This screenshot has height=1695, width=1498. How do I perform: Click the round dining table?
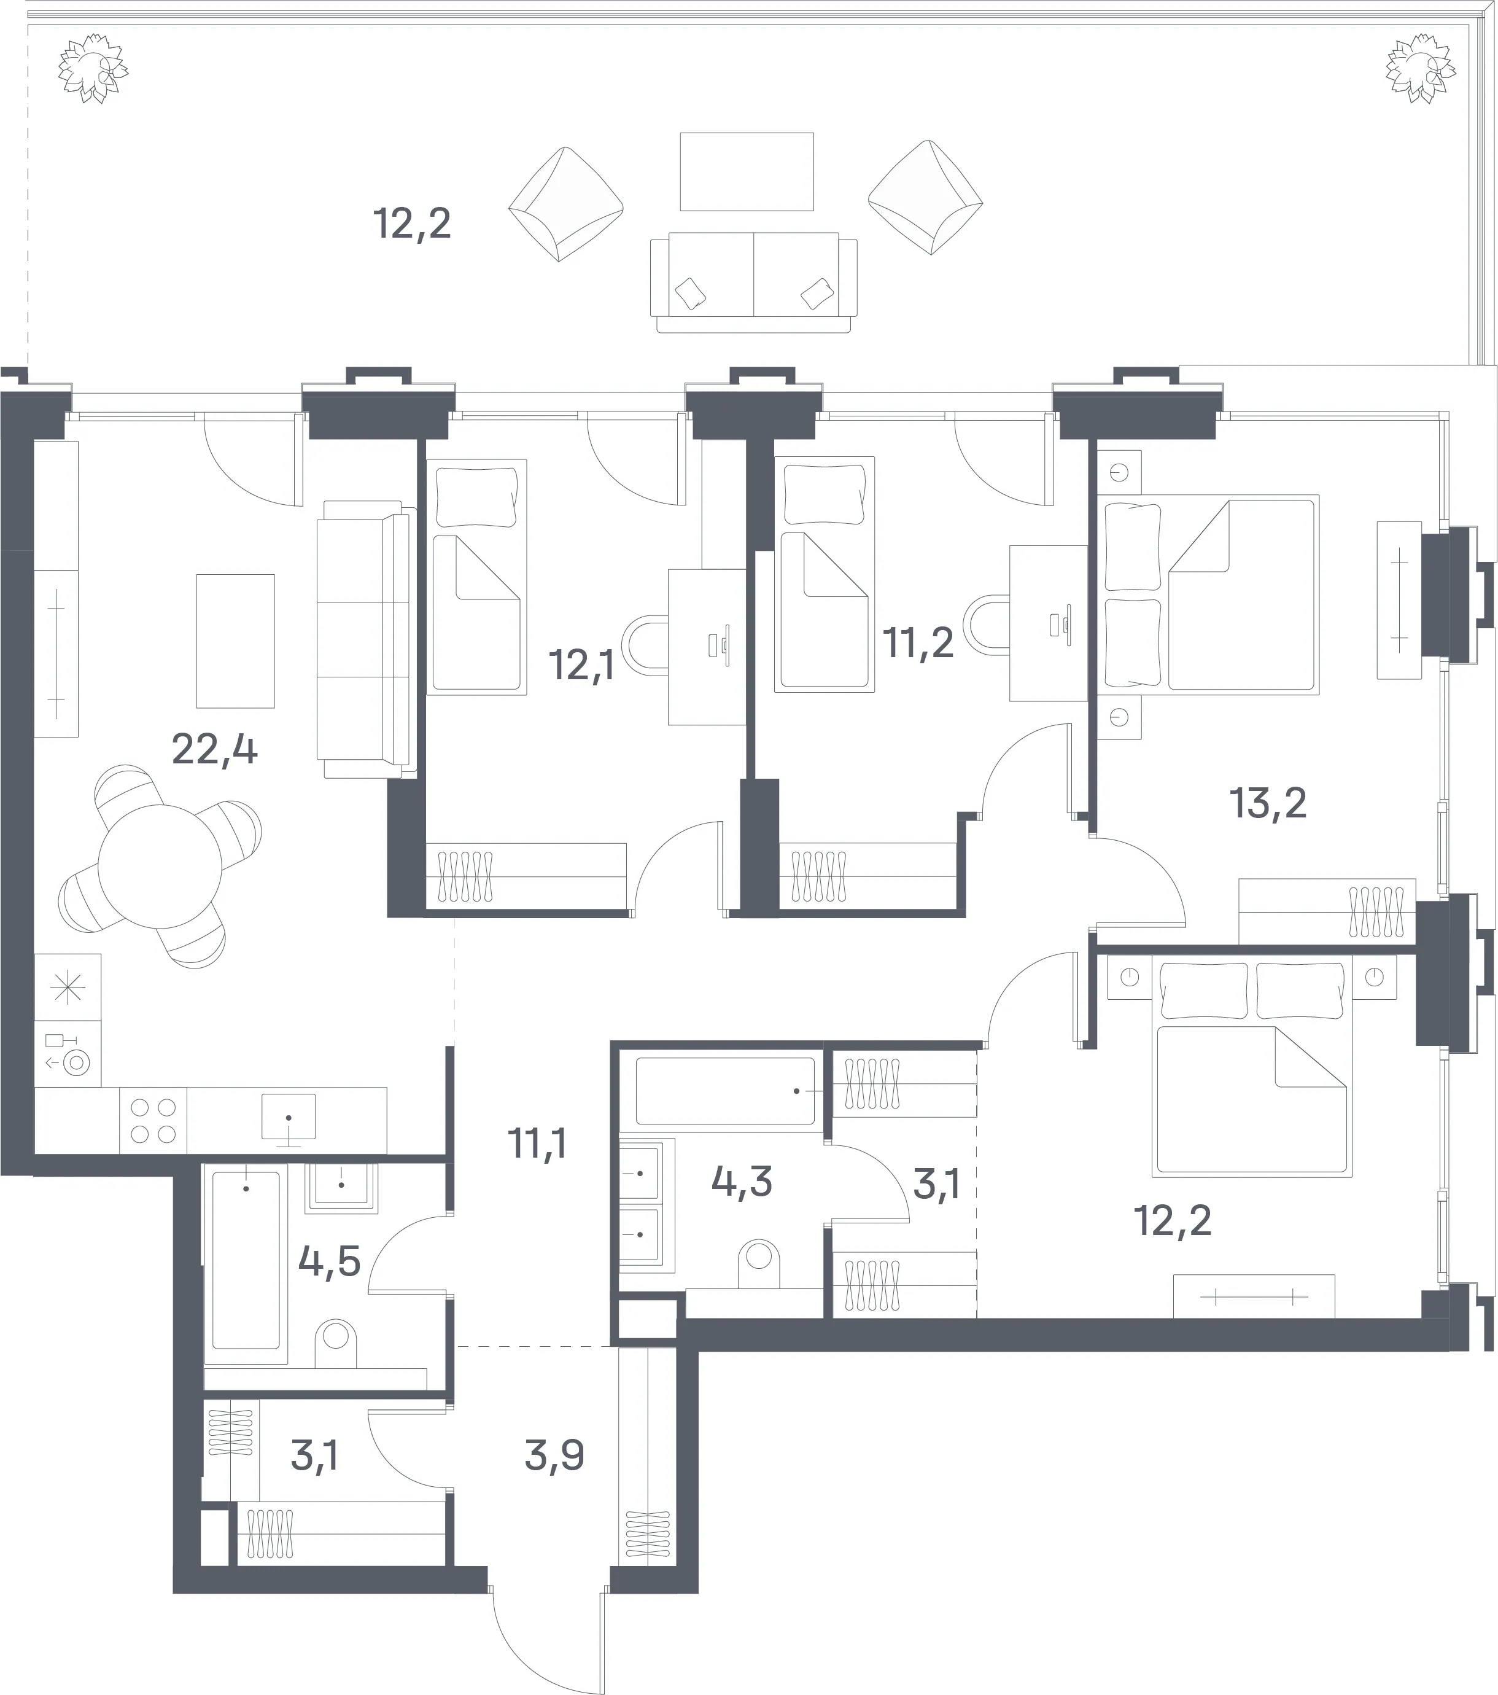pyautogui.click(x=160, y=867)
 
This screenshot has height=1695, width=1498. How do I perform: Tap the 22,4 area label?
pyautogui.click(x=215, y=750)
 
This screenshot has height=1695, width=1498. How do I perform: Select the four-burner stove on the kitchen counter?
pyautogui.click(x=153, y=1120)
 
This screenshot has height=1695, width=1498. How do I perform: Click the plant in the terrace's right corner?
pyautogui.click(x=1421, y=69)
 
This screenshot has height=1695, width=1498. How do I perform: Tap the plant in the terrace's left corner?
pyautogui.click(x=93, y=69)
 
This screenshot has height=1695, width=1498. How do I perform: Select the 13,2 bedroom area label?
pyautogui.click(x=1268, y=803)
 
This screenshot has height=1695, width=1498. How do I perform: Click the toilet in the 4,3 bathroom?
pyautogui.click(x=759, y=1263)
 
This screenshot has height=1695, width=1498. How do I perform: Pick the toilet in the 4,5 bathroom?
pyautogui.click(x=336, y=1342)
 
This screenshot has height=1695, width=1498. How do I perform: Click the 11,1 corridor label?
pyautogui.click(x=537, y=1144)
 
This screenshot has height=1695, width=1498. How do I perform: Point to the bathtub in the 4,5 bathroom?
pyautogui.click(x=246, y=1263)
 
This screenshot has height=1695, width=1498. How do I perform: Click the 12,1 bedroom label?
pyautogui.click(x=582, y=665)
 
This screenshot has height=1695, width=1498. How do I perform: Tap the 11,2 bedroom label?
pyautogui.click(x=918, y=642)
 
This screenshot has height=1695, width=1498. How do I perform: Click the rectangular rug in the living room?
pyautogui.click(x=235, y=641)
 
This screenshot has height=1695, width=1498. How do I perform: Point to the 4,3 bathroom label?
pyautogui.click(x=742, y=1181)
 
